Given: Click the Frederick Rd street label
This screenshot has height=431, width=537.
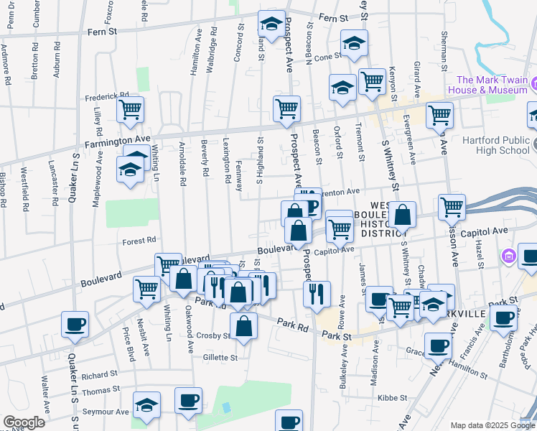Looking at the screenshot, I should click(106, 95).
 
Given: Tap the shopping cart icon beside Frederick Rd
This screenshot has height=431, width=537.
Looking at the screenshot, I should click(131, 110).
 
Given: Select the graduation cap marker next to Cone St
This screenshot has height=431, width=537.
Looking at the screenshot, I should click(353, 44).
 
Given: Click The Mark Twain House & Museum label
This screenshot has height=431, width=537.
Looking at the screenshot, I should click(488, 85).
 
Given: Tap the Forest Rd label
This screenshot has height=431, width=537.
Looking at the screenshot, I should click(139, 241).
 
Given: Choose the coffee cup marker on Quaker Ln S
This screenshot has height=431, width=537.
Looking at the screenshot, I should click(75, 324).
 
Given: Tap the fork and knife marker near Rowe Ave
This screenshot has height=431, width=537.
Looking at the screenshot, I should click(316, 294).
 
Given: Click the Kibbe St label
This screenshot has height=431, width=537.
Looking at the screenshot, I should click(392, 397).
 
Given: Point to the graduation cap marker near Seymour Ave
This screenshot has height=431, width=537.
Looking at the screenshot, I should click(147, 406).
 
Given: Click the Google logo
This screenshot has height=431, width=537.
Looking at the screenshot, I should click(24, 422).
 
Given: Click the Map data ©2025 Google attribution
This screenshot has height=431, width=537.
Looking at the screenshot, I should click(492, 425).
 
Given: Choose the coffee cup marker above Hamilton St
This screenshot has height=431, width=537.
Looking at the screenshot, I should click(437, 346).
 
